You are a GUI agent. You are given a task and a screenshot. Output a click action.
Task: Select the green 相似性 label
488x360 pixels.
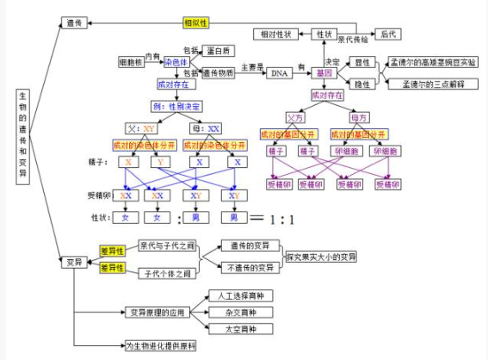point(196,22)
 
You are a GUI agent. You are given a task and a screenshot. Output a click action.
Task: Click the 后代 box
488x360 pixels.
point(389,34)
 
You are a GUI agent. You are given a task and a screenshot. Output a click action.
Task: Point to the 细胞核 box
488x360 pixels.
point(132,62)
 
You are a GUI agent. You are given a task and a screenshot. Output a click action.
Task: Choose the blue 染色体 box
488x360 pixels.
point(176,62)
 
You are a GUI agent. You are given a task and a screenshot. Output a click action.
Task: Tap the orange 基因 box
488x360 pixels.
point(324,73)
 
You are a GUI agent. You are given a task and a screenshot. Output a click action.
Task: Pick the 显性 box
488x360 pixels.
point(362,63)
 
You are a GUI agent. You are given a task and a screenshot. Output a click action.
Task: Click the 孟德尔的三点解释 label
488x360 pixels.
point(433,84)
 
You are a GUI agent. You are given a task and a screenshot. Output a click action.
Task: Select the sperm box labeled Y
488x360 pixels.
point(161,162)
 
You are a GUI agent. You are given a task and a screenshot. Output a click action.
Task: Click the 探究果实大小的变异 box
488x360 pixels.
point(322,257)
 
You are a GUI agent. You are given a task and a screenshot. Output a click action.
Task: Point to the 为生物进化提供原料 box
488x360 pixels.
point(160,345)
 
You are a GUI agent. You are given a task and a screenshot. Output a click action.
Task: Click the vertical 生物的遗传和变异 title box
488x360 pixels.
point(22,138)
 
